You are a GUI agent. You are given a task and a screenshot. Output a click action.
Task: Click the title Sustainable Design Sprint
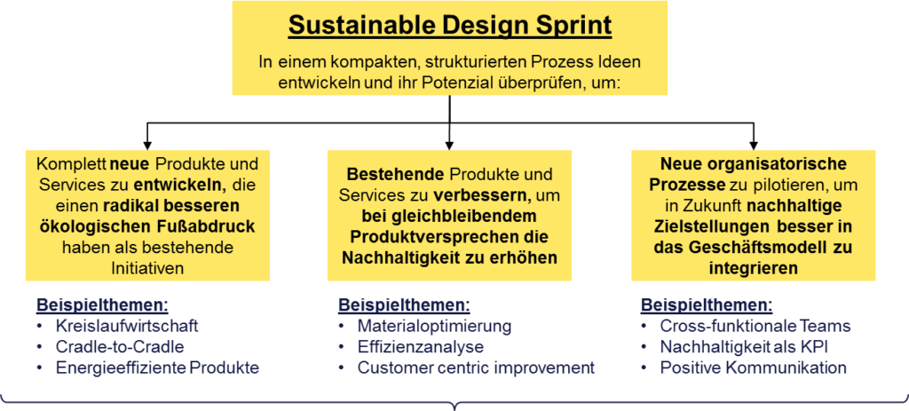[450, 26]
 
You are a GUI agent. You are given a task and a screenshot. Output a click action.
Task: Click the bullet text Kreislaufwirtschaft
[127, 327]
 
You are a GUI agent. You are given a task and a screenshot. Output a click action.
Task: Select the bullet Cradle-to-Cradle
[120, 347]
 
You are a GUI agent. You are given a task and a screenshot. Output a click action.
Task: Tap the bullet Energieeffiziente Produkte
[157, 368]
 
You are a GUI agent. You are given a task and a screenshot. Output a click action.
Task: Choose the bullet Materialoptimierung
[434, 327]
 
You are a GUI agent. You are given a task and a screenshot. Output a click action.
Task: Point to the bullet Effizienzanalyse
[420, 347]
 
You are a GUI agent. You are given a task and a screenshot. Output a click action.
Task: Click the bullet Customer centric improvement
[476, 368]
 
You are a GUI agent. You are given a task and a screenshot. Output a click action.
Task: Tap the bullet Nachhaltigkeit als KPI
[743, 347]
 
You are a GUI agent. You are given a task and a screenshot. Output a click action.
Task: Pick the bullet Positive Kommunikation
[753, 368]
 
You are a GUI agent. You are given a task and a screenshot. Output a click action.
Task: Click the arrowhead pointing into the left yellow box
[148, 145]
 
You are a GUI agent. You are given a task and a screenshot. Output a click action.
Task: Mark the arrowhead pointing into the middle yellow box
[450, 145]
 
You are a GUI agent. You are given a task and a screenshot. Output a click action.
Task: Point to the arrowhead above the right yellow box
[753, 145]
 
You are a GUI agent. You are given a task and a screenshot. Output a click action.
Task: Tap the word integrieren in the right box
[753, 268]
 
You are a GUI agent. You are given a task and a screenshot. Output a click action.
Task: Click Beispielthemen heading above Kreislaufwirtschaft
[102, 305]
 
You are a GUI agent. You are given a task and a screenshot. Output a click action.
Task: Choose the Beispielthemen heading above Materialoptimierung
[404, 305]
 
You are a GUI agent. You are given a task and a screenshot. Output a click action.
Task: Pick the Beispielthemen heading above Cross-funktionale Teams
[707, 305]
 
